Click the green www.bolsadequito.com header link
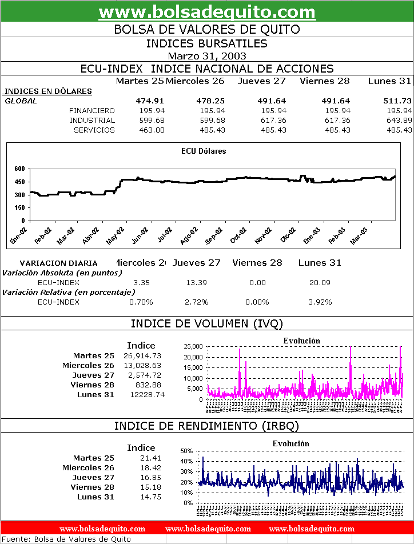pos(207,12)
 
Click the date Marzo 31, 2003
pos(207,55)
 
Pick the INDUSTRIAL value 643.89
pos(399,120)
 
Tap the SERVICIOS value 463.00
pos(152,130)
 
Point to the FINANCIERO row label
pos(91,110)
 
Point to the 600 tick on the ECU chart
pos(20,169)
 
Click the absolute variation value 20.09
pos(320,282)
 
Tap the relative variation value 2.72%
pos(196,302)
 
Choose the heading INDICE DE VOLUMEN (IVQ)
pos(207,323)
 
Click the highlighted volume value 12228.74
pos(141,394)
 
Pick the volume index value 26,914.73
pos(142,355)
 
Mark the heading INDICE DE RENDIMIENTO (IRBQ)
pos(207,426)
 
